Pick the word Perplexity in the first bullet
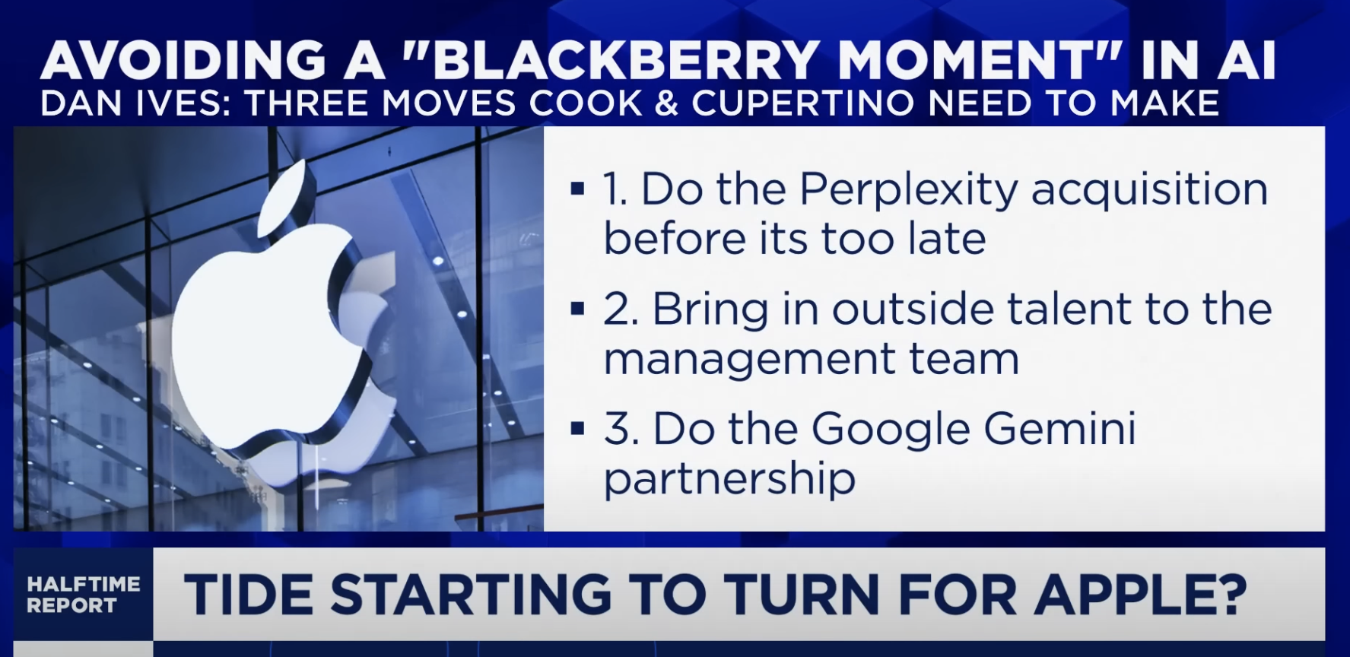click(x=909, y=191)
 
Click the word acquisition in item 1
click(x=1150, y=191)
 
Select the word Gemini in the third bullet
click(x=1060, y=429)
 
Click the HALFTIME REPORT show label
click(x=84, y=595)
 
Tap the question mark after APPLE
click(x=1226, y=594)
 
